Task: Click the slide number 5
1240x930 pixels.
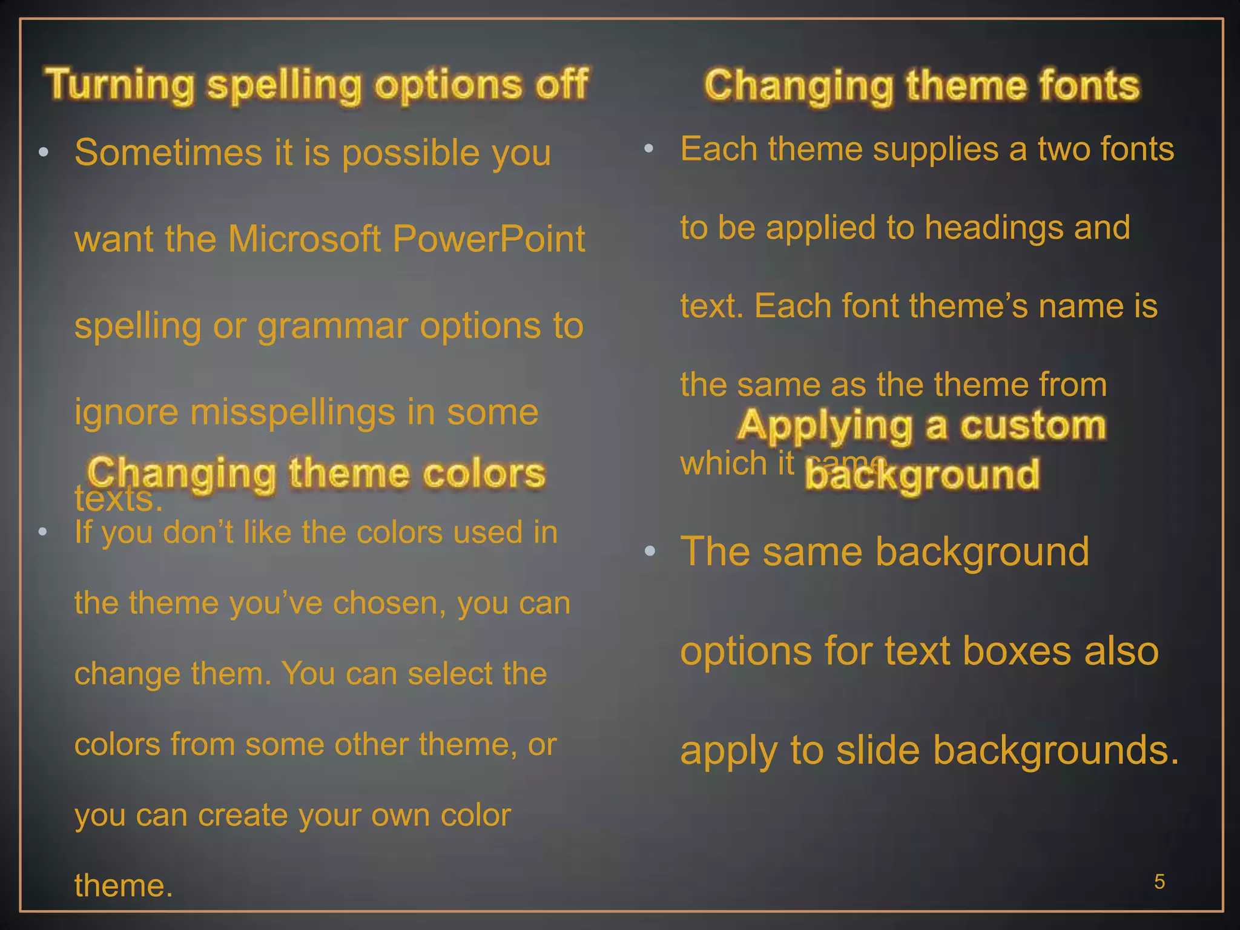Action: coord(1159,882)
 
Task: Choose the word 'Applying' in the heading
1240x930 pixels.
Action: coord(825,426)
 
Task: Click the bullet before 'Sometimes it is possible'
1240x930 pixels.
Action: coord(43,153)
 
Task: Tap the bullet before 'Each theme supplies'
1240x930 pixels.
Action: coord(648,148)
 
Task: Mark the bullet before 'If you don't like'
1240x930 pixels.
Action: coord(42,532)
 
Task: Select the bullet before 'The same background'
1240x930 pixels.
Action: coord(650,551)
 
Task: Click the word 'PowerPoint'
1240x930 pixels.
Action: coord(489,239)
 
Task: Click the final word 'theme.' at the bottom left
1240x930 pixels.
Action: coord(124,885)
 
